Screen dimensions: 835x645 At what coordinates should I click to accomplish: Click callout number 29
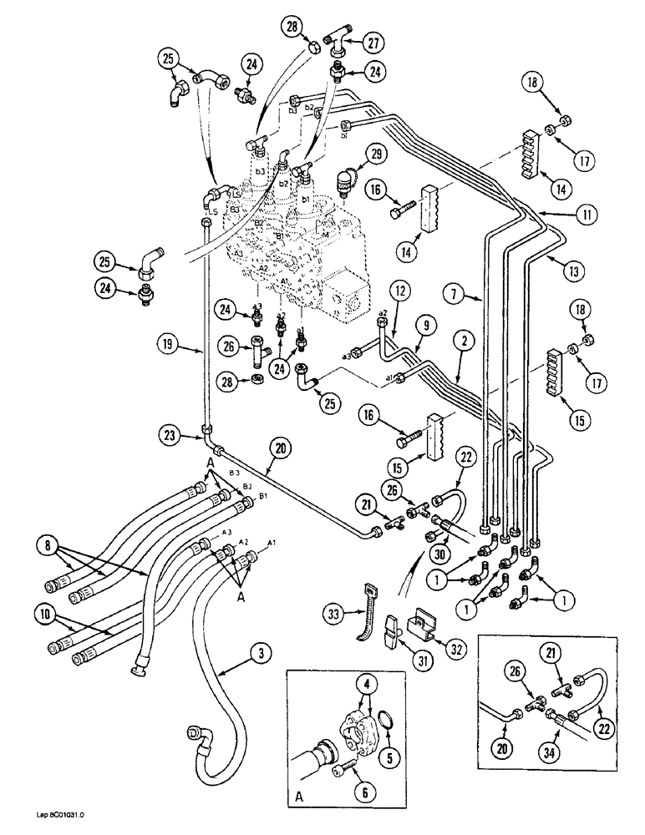[x=377, y=155]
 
